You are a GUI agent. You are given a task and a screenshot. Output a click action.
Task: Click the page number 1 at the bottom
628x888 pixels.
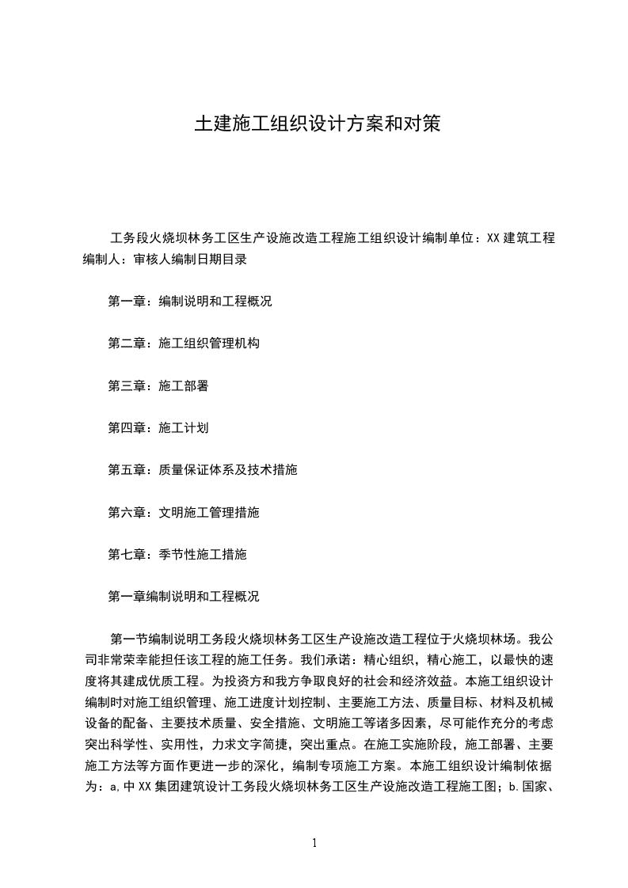[314, 844]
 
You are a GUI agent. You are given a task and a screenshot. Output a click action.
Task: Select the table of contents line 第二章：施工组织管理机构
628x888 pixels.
[183, 343]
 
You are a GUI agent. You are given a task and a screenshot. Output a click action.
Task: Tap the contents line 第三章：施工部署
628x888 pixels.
[158, 385]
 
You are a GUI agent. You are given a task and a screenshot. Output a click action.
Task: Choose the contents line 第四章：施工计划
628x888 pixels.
[158, 427]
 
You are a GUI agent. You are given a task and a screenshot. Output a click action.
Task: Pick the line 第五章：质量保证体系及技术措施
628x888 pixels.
[202, 470]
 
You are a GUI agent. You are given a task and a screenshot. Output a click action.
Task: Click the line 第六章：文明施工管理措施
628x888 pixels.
[183, 512]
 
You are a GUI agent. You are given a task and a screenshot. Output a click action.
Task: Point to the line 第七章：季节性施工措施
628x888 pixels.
[177, 554]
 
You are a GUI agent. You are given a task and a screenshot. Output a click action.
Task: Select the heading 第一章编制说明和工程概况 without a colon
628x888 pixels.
[183, 596]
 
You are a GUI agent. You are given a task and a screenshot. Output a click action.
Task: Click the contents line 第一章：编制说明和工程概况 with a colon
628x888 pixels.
[189, 302]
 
